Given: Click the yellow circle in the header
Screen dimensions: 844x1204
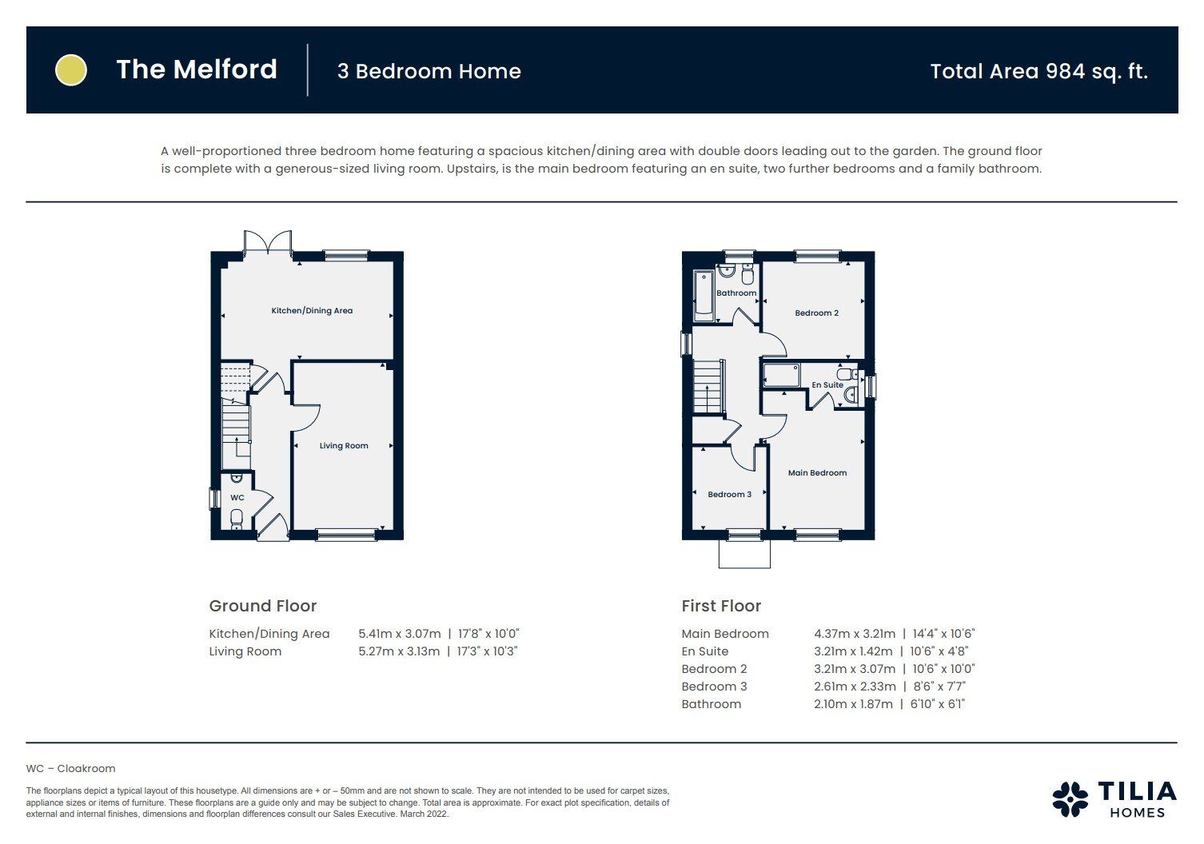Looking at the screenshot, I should (x=70, y=70).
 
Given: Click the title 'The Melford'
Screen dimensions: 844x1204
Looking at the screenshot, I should (x=197, y=70).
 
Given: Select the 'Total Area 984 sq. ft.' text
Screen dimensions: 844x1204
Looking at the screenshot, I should (x=1039, y=71).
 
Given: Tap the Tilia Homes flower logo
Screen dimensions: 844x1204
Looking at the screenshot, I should (x=1070, y=798).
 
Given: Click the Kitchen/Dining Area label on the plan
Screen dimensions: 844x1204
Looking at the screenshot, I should (x=312, y=311).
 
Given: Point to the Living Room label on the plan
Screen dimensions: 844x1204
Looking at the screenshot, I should (x=344, y=446).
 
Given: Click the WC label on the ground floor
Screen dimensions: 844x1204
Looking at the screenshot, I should (x=237, y=498).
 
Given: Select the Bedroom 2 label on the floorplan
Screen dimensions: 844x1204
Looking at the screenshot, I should (x=816, y=313).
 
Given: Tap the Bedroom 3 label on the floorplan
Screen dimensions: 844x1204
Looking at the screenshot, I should (x=729, y=495).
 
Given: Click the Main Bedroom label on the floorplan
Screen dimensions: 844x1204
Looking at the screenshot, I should (x=817, y=473).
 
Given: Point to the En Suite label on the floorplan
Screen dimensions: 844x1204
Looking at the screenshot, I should (x=827, y=385).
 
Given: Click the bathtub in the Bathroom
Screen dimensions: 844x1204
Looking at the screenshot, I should (x=704, y=296).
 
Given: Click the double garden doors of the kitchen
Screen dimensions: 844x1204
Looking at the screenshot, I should (x=268, y=243).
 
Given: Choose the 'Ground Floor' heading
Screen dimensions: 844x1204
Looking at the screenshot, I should (x=263, y=606).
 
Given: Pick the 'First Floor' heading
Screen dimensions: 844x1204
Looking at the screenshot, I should (x=721, y=606).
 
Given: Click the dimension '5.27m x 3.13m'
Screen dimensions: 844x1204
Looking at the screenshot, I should (x=399, y=651).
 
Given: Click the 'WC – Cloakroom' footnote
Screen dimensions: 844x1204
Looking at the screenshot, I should (x=70, y=769).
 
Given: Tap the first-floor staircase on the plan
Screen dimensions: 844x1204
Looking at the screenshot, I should (x=708, y=387).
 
